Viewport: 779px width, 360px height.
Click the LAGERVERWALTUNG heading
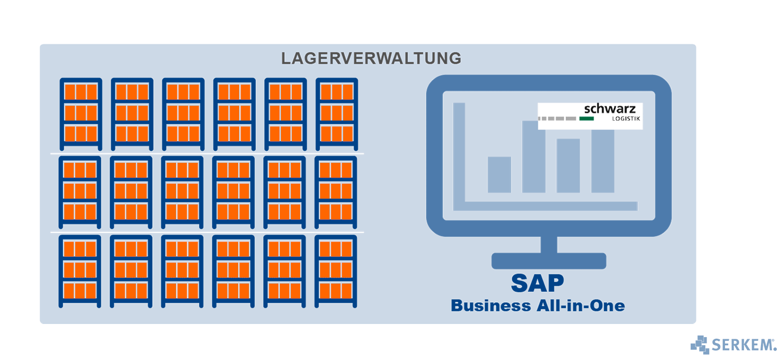pos(371,58)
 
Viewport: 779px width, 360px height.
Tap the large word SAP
pos(537,283)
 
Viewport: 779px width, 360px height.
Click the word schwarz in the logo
pos(609,109)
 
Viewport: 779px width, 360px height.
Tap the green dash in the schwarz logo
pos(586,118)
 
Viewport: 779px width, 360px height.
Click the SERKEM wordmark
pos(742,345)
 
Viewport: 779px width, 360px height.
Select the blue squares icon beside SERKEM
pos(699,345)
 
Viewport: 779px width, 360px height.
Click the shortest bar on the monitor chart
pos(499,175)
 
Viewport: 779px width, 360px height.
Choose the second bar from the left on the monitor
pos(534,158)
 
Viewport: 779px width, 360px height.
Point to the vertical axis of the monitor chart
pos(459,153)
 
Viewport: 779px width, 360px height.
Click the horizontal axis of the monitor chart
pos(546,206)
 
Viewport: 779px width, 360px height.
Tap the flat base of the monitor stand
pos(548,261)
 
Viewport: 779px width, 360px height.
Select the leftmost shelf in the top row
pos(81,114)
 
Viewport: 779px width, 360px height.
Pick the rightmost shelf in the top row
pos(337,114)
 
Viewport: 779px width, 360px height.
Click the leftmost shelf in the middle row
pos(80,192)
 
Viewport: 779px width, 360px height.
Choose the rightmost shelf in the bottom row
pos(335,271)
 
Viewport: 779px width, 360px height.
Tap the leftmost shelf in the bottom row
pos(80,271)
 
